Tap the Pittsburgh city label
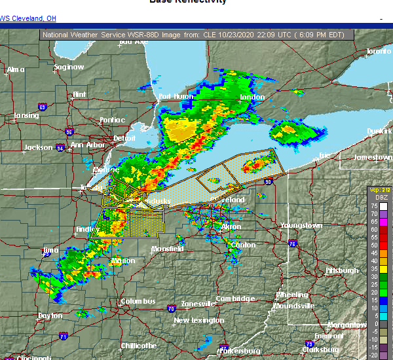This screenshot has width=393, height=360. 342,270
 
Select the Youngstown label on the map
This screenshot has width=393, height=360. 301,226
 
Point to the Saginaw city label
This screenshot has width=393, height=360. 69,67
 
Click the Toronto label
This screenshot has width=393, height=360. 378,51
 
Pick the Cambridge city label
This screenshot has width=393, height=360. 235,299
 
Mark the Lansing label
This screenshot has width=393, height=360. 26,117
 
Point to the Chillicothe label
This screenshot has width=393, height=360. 138,346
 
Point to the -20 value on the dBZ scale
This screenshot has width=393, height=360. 373,355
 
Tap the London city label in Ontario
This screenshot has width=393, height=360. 252,98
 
